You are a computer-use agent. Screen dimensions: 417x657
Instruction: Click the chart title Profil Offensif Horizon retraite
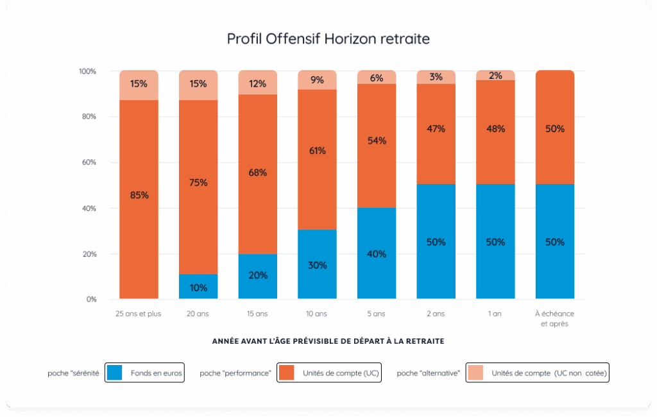tap(328, 38)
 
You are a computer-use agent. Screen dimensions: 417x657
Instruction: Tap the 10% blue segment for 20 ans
tap(198, 287)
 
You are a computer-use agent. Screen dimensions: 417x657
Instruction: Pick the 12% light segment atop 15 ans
tap(258, 83)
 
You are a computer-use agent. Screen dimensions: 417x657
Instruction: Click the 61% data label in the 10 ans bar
tap(318, 151)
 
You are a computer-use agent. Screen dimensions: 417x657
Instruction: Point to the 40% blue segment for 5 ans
tap(377, 253)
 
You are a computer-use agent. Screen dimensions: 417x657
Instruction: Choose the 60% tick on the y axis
tap(88, 162)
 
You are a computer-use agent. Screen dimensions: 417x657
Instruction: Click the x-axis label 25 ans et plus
tap(139, 314)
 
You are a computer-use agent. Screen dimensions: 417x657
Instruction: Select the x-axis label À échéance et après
tap(555, 318)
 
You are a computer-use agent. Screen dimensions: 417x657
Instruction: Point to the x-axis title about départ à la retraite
tap(328, 341)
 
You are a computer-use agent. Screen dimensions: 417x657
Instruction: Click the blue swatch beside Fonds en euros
tap(115, 373)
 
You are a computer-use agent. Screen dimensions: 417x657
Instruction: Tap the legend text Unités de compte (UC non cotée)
tap(549, 373)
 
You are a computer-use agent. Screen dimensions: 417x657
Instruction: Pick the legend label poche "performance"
tap(235, 373)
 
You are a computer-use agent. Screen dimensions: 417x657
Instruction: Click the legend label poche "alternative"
tap(429, 373)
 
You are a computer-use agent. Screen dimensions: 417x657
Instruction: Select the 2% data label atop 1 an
tap(495, 76)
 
